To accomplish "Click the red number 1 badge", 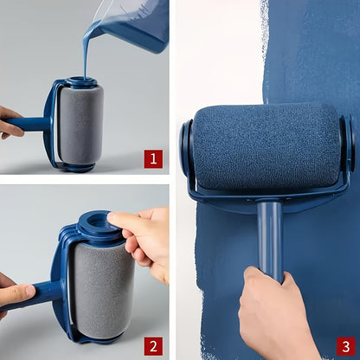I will coord(153,158).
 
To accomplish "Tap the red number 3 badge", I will coord(344,344).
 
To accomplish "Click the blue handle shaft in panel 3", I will coord(269,238).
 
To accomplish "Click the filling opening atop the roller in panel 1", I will coord(80,83).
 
